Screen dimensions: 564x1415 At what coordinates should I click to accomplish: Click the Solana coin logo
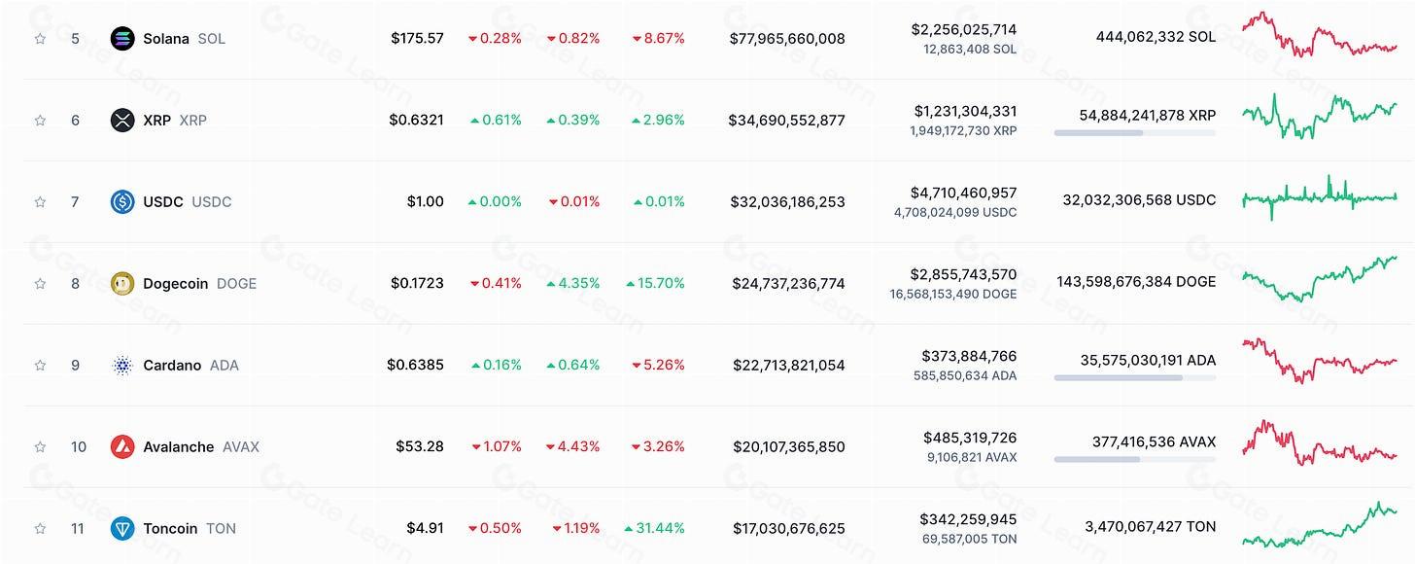[122, 39]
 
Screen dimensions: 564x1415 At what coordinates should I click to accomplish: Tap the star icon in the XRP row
[40, 121]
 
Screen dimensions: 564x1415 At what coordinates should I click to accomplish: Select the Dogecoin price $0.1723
[417, 284]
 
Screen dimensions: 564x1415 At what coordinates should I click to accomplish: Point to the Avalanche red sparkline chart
[1319, 443]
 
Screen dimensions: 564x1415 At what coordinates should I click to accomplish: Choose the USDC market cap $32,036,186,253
[787, 202]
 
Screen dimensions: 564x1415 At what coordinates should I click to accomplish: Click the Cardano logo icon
[122, 366]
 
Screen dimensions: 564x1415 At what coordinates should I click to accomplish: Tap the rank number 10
[79, 447]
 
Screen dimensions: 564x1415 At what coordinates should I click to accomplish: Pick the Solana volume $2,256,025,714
[963, 30]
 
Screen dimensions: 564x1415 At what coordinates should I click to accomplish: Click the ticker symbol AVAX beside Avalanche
[240, 447]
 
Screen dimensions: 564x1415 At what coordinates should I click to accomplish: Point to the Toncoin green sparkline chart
[1319, 526]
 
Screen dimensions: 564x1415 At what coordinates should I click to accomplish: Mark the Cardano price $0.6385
[415, 366]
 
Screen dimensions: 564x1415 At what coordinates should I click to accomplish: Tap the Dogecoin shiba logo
[122, 284]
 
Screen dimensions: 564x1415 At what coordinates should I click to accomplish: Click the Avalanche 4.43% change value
[572, 447]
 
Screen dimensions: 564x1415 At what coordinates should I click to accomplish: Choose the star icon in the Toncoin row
[40, 529]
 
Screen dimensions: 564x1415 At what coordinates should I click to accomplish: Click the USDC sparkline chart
[1319, 197]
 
